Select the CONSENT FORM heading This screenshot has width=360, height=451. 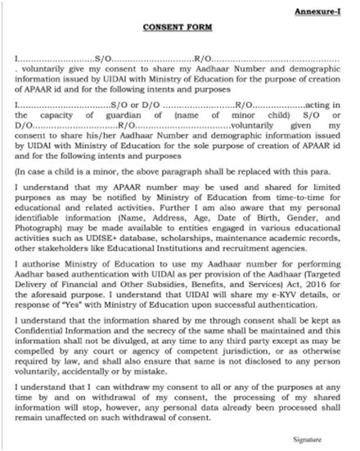179,27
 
